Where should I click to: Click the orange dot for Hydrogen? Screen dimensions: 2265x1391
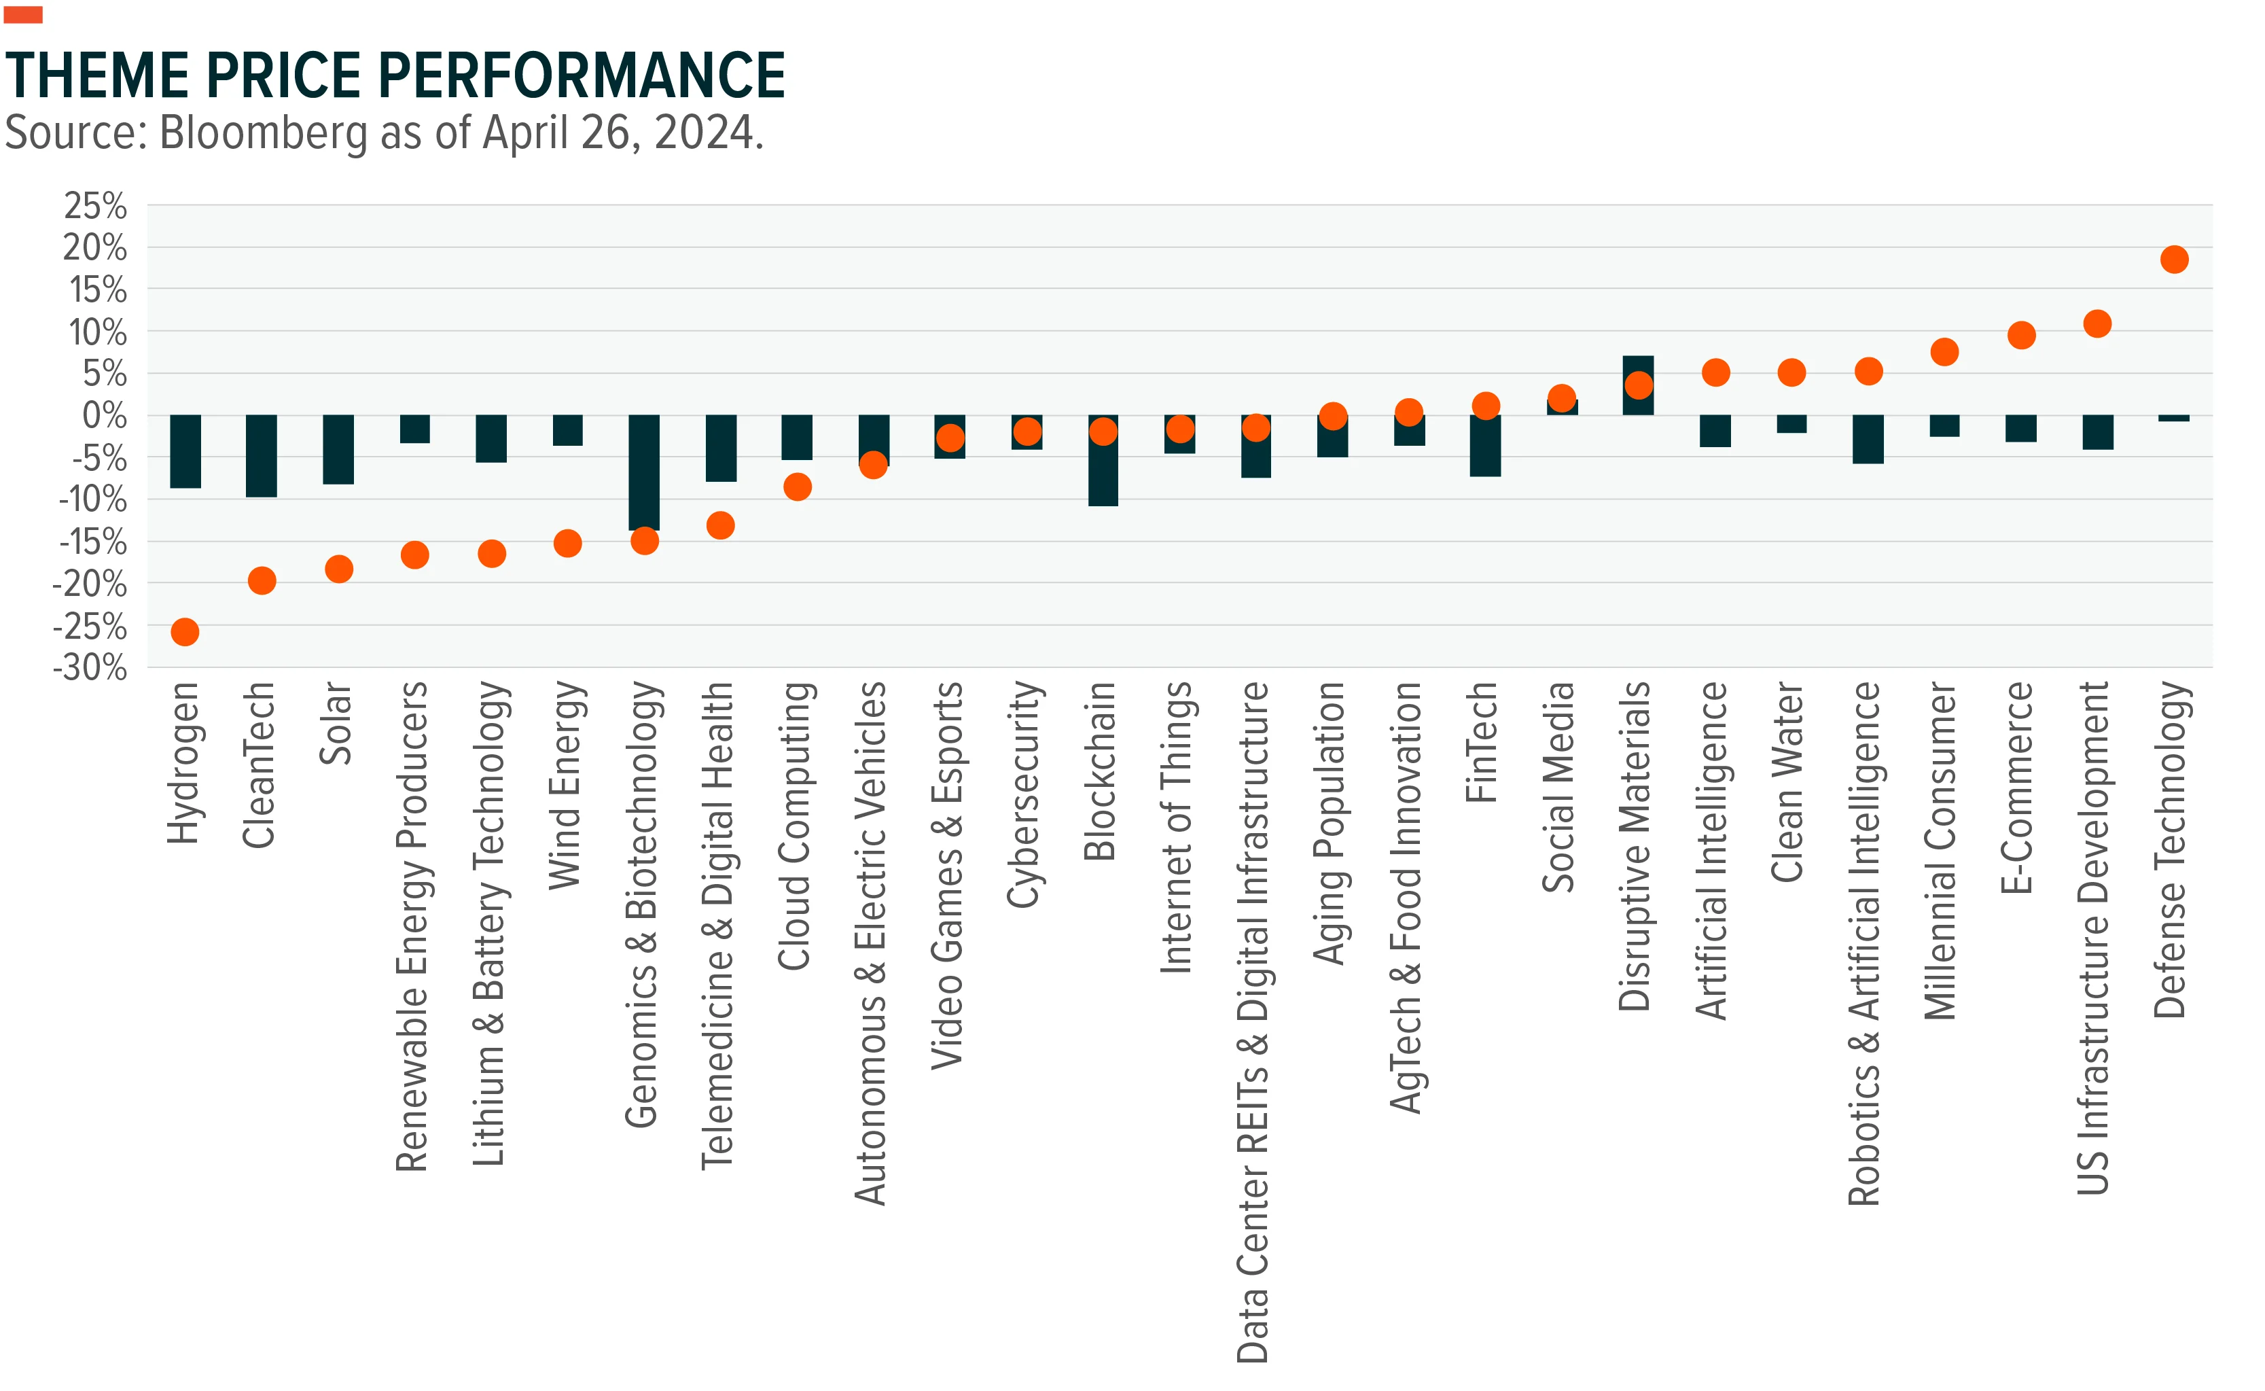[x=185, y=632]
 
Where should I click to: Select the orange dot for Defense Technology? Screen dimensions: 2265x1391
[x=2174, y=260]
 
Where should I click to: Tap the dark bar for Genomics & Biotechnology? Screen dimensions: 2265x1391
[x=644, y=473]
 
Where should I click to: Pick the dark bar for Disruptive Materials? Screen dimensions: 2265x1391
[x=1638, y=385]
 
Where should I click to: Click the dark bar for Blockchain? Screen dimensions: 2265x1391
[x=1103, y=460]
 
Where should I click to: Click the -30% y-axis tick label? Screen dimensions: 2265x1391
[x=90, y=667]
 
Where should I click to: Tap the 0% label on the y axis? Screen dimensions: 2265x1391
[x=105, y=415]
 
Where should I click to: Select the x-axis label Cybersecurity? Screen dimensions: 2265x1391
[x=1025, y=795]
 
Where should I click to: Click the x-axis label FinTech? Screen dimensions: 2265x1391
[x=1482, y=743]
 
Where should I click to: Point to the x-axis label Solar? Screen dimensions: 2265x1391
[x=336, y=723]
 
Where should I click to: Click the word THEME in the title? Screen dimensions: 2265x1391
[x=96, y=75]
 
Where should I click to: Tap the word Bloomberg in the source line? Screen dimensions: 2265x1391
[x=264, y=133]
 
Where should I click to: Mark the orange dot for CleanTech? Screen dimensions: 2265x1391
[x=262, y=580]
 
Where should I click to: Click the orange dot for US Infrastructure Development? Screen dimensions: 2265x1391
[x=2097, y=324]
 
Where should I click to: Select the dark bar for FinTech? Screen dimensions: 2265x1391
[x=1485, y=445]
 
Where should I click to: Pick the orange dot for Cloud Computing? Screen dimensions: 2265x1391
[x=798, y=487]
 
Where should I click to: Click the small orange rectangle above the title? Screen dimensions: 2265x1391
[x=23, y=15]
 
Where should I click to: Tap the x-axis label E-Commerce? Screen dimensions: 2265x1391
[x=2017, y=788]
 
